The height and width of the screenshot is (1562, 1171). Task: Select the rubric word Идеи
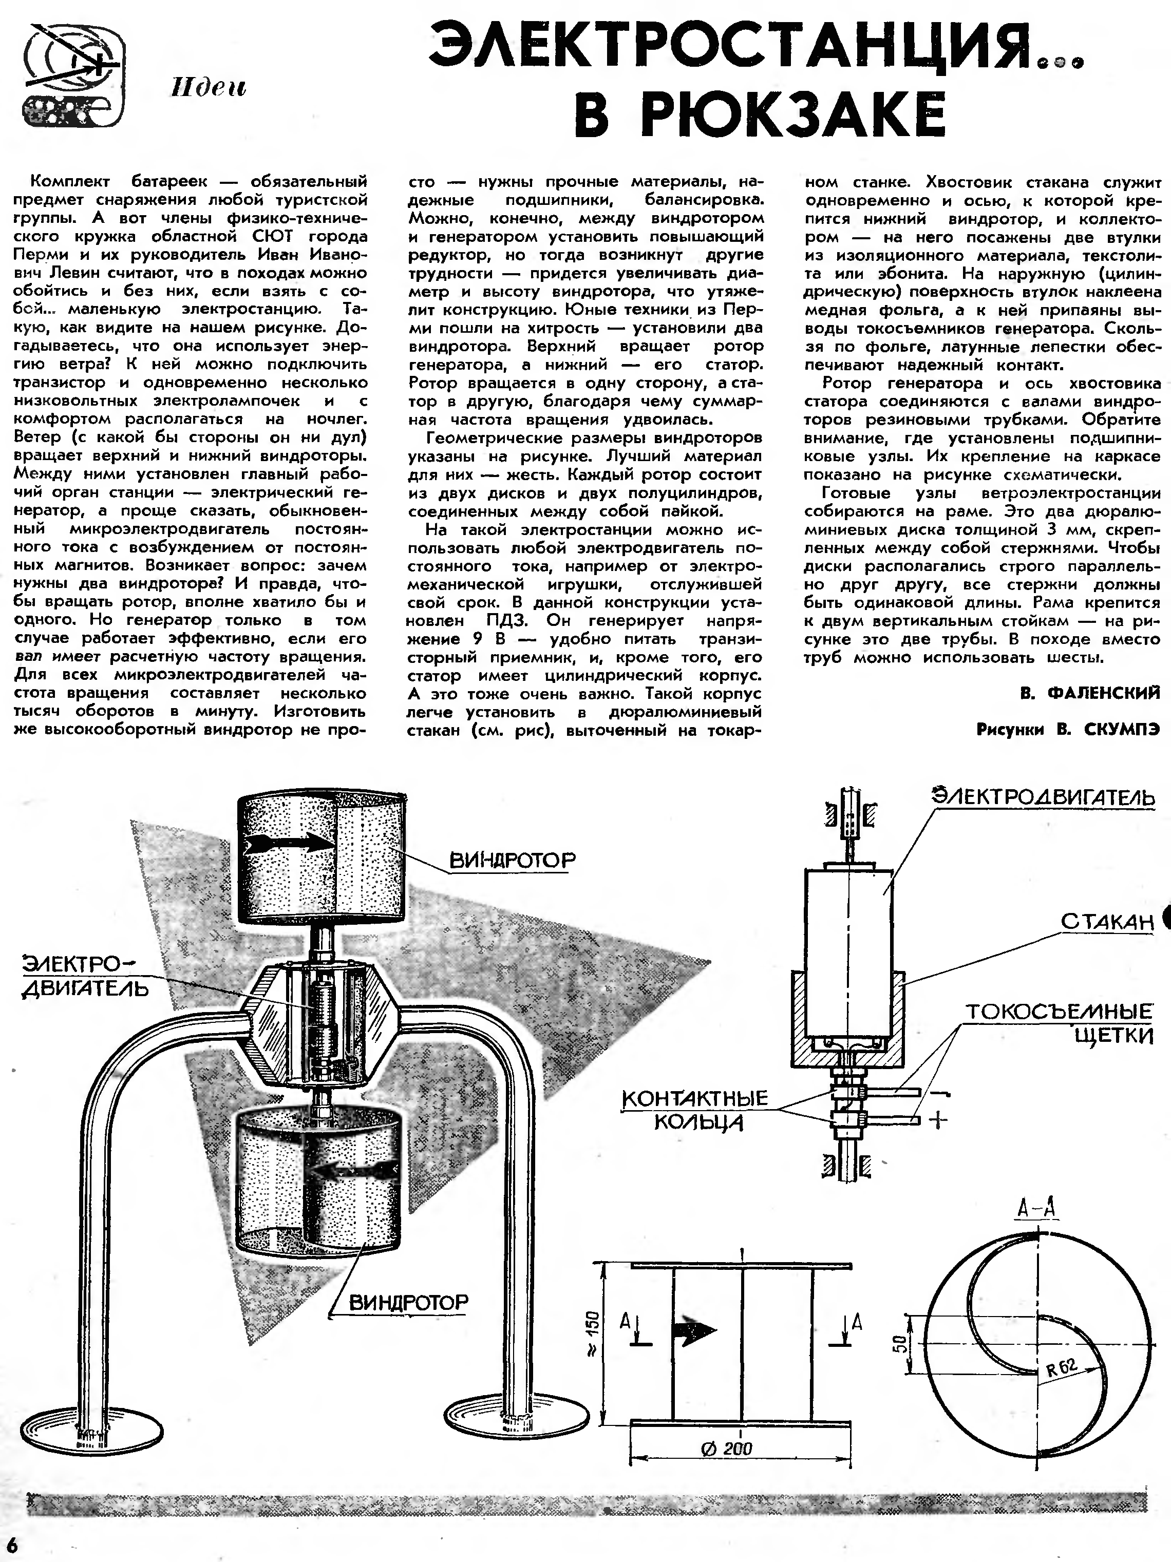point(209,88)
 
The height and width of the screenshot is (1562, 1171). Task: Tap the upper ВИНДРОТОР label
point(512,860)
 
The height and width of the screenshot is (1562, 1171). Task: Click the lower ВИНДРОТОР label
point(409,1302)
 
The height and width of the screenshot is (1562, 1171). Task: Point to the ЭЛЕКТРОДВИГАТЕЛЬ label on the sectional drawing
point(1044,796)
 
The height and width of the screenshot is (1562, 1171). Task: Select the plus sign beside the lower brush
point(937,1120)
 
